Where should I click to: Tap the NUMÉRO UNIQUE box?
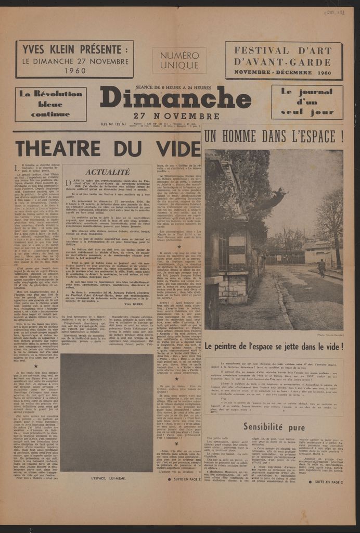[x=179, y=61]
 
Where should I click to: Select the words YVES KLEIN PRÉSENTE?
[x=74, y=50]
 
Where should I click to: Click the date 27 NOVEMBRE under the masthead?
[x=176, y=116]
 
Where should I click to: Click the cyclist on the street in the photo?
[x=322, y=267]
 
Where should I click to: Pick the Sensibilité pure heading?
[x=274, y=427]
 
